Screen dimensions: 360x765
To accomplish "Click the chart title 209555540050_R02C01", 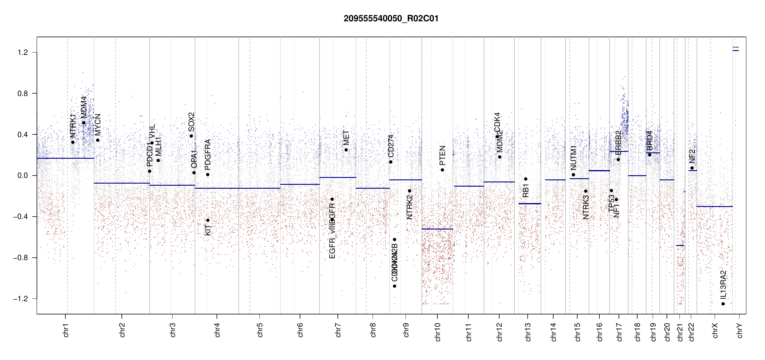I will point(391,19).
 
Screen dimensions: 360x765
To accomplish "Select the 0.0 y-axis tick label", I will point(22,175).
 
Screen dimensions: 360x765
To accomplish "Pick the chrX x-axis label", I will point(715,331).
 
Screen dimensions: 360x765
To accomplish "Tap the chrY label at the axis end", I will point(740,331).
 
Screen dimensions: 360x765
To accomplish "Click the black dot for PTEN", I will point(442,170).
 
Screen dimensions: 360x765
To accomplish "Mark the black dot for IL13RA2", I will point(723,304).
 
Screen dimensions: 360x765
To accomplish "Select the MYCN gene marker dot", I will point(97,140).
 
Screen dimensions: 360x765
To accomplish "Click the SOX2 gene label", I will point(191,122).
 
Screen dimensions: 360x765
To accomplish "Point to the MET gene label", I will point(346,138).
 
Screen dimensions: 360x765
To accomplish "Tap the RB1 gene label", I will point(526,191).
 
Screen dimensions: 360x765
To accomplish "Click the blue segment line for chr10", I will point(437,229).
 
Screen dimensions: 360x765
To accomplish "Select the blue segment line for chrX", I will point(714,206).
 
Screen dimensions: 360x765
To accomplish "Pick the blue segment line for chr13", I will point(529,204).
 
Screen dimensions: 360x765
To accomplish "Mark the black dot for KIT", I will point(208,220).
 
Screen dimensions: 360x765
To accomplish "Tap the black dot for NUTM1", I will point(573,175).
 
